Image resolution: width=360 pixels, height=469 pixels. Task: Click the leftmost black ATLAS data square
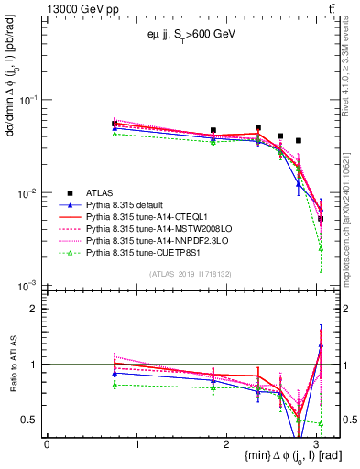[115, 124]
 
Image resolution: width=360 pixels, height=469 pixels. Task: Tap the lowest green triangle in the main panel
[321, 247]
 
